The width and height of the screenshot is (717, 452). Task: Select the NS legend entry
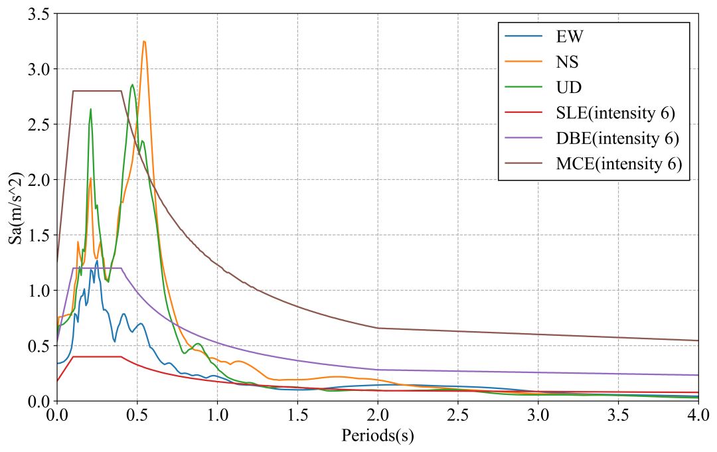coord(567,62)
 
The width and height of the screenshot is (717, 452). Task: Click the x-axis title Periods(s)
coord(378,436)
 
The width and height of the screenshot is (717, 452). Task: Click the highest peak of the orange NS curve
coord(143,41)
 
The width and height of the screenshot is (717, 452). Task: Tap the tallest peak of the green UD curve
coord(132,84)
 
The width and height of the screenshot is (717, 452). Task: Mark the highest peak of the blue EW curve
coord(97,261)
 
